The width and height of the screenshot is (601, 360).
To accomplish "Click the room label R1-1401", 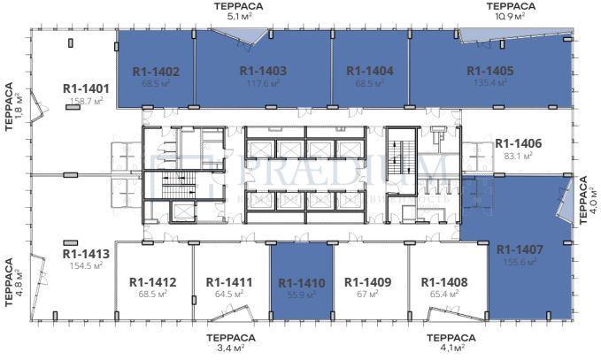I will tap(86, 88).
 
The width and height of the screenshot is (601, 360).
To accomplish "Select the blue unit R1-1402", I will tap(156, 72).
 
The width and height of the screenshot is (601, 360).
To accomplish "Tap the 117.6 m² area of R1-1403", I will tap(263, 83).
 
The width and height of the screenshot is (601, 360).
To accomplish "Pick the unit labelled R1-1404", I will tap(369, 72).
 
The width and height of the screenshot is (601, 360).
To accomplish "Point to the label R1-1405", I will tap(489, 72).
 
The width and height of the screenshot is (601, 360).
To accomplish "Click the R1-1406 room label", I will tap(518, 143).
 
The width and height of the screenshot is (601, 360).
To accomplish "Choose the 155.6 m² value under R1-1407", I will tap(519, 263).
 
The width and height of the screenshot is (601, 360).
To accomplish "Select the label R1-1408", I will tap(443, 282).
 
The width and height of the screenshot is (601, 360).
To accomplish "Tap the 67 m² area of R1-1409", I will tap(368, 295).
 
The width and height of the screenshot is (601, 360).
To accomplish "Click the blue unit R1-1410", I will tap(302, 283).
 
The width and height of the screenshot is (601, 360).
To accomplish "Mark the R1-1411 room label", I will tap(229, 282).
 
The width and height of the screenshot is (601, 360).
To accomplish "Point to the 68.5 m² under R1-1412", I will tap(153, 295).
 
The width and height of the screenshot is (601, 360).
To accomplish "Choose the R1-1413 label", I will tap(86, 253).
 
